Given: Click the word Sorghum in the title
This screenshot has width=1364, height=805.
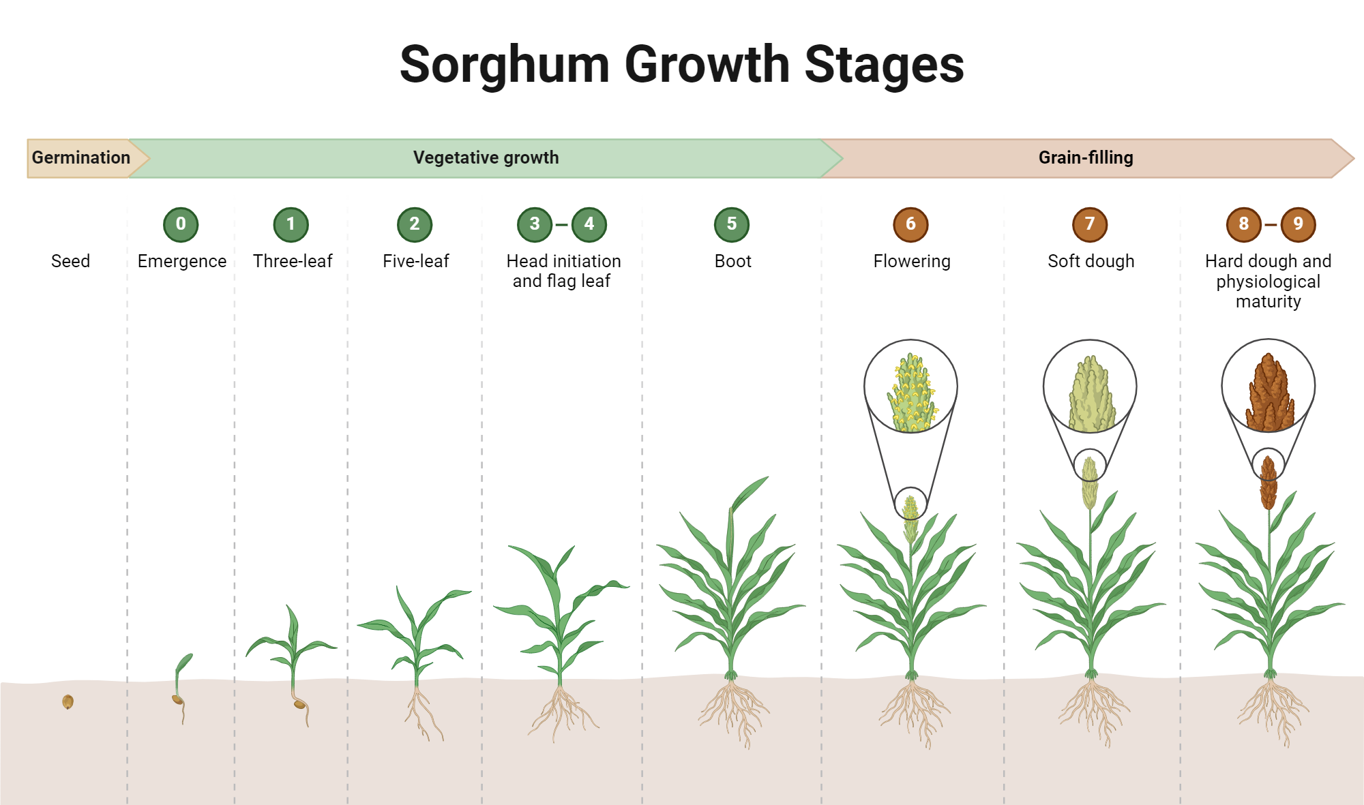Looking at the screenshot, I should [x=504, y=65].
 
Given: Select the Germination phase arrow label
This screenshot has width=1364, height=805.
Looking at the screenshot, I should [x=80, y=157].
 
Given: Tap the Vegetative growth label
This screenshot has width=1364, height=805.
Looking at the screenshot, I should [x=486, y=157].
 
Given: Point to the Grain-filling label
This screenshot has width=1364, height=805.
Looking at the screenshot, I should [x=1085, y=157].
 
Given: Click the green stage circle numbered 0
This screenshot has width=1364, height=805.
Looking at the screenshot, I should [x=181, y=224].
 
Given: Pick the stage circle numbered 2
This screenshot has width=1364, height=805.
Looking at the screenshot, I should [x=415, y=224].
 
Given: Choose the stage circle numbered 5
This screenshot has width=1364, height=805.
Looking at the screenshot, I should [x=732, y=224].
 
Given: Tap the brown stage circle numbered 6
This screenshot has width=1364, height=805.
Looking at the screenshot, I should [x=910, y=224].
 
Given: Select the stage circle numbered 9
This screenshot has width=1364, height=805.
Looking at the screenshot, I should [x=1298, y=224].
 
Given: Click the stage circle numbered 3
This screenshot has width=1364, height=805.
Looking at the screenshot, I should [x=535, y=224].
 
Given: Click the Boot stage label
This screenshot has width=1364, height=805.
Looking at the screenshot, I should [x=732, y=261].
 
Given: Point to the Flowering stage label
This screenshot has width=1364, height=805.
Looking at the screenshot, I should [x=911, y=261].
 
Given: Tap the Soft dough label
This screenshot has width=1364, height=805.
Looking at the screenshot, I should [x=1091, y=261].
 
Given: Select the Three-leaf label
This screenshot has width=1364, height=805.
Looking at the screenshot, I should [x=293, y=261].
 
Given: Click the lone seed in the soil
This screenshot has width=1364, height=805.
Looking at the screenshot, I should [x=68, y=701].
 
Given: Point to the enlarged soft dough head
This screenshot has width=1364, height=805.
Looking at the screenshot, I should [x=1091, y=395].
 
